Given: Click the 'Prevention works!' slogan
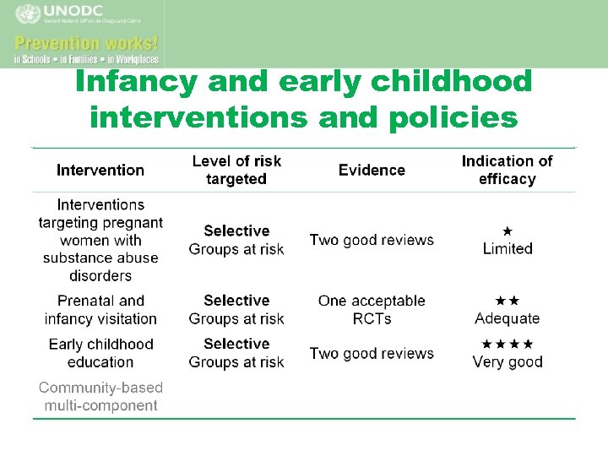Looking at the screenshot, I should click(x=86, y=42).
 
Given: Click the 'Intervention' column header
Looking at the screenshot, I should click(x=100, y=170).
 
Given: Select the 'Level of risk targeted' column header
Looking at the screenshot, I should click(x=236, y=170).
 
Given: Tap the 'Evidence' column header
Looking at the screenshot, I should click(x=372, y=170).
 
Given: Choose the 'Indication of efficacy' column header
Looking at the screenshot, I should click(x=507, y=170).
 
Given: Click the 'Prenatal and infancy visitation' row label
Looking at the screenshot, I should click(x=100, y=309).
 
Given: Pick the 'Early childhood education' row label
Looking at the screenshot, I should click(x=100, y=353).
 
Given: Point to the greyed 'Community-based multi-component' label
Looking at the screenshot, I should click(x=100, y=396).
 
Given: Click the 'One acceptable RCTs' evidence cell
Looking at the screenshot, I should click(x=372, y=309).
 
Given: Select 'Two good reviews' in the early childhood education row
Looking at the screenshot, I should click(x=372, y=353).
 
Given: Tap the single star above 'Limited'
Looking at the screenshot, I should click(x=508, y=230).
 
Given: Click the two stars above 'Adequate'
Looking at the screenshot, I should click(x=508, y=300).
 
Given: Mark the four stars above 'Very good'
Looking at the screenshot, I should click(x=508, y=344).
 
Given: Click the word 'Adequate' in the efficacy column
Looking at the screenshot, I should click(x=508, y=318).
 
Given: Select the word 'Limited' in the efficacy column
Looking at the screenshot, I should click(x=508, y=248).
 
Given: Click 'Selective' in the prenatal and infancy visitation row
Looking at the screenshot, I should click(x=236, y=300).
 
